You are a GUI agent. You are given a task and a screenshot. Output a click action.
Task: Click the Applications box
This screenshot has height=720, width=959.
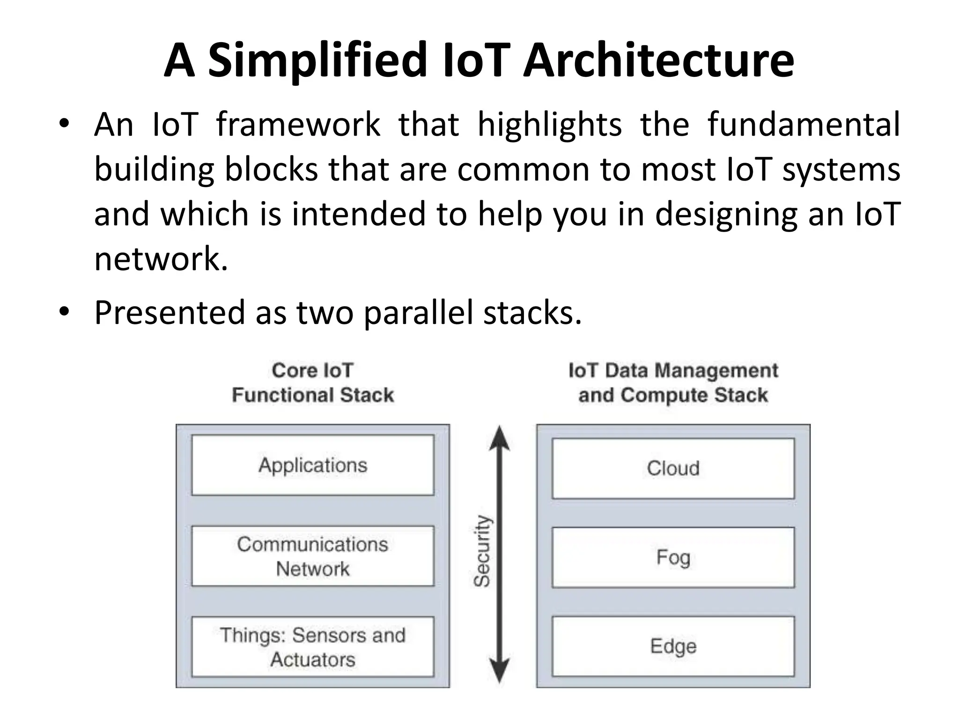point(313,465)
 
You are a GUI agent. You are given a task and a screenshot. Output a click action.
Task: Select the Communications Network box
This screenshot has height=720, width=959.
point(313,556)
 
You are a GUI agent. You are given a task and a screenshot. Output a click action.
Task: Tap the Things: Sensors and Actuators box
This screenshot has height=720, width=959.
point(313,647)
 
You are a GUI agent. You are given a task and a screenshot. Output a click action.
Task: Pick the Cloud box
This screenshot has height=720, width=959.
point(673,468)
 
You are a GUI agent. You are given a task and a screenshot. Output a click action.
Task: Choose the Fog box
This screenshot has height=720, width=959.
point(673,557)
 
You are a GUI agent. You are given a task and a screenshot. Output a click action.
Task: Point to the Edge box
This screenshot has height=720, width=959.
point(673,646)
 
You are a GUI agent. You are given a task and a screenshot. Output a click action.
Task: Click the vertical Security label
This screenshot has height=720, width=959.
point(481,551)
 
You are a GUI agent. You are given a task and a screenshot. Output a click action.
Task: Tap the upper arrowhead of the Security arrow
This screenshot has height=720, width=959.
point(499,438)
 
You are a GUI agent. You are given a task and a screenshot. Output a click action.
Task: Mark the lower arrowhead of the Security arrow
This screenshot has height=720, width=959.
point(499,670)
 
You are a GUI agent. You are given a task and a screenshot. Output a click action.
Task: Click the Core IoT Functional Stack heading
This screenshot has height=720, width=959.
point(313,382)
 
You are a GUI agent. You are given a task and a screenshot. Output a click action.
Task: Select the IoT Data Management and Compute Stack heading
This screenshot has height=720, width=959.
point(673,382)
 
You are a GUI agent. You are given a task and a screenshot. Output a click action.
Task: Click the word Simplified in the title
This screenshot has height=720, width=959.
point(317,61)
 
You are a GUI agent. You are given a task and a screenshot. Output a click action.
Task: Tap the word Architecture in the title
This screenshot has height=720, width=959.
point(658,61)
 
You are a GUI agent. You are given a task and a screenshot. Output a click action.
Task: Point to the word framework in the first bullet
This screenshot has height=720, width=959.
point(298,125)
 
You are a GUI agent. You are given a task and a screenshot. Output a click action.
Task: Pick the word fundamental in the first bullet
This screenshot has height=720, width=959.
point(804,125)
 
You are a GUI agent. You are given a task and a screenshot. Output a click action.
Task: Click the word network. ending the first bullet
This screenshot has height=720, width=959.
point(161,259)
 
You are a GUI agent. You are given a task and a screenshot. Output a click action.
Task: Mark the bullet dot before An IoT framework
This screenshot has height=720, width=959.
point(64,124)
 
